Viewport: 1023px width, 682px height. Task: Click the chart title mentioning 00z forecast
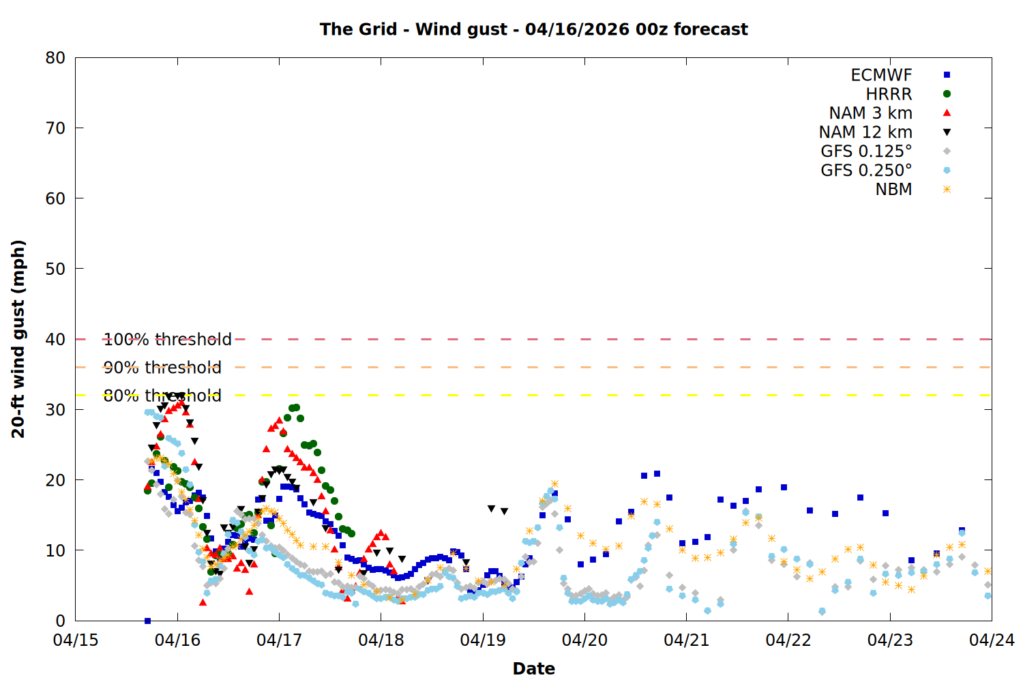click(533, 29)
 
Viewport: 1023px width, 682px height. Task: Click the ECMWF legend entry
click(881, 75)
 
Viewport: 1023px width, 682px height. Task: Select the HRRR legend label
click(889, 94)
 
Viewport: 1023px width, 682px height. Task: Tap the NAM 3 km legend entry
click(870, 113)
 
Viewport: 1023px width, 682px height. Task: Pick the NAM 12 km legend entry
click(865, 132)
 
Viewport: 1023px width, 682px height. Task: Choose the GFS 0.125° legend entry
click(866, 151)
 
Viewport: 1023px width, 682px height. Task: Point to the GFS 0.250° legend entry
click(866, 170)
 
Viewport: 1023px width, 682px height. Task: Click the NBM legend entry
click(893, 190)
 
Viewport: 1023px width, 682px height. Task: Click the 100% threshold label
click(167, 340)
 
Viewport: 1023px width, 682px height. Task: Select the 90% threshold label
click(162, 368)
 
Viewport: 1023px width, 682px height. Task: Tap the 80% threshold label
click(162, 396)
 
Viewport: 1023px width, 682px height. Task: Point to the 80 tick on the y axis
click(56, 58)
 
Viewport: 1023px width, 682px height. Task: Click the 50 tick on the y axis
click(56, 269)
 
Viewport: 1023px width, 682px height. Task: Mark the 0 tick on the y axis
click(61, 621)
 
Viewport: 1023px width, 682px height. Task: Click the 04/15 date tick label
click(76, 640)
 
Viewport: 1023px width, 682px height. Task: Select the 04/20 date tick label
click(584, 640)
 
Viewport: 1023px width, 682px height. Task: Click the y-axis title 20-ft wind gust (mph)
click(18, 339)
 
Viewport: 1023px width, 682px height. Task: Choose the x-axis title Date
click(533, 668)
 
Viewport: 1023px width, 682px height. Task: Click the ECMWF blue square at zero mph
click(147, 621)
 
